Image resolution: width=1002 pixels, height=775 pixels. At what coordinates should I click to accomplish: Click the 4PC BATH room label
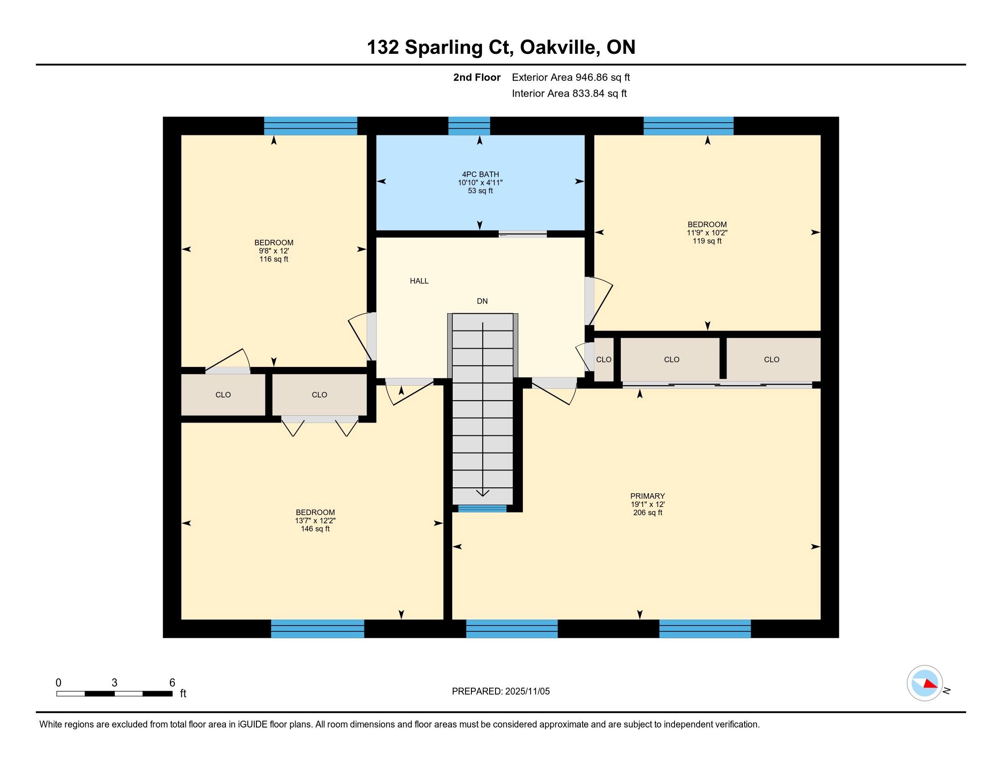(x=480, y=175)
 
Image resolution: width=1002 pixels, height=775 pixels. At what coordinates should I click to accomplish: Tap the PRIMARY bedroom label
(x=647, y=496)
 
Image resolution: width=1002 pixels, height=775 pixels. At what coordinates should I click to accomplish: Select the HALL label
(x=419, y=281)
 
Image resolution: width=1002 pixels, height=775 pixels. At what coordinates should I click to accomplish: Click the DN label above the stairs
(x=482, y=301)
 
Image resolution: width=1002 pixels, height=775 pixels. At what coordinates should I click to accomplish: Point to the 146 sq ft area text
(x=315, y=529)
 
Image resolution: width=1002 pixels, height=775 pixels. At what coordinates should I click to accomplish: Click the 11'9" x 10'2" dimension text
(x=707, y=233)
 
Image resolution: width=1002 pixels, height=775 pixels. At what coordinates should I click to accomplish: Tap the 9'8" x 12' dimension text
(x=274, y=251)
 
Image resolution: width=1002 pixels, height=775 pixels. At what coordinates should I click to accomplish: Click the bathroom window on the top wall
(x=469, y=126)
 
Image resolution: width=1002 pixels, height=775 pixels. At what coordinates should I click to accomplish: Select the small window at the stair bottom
(x=482, y=508)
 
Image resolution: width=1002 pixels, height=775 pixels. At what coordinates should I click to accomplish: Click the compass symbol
(x=925, y=683)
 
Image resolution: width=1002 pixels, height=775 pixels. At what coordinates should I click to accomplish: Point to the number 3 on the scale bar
(x=114, y=683)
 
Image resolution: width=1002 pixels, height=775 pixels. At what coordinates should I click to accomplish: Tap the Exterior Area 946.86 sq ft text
(x=571, y=77)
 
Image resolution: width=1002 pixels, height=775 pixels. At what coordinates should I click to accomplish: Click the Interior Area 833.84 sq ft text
(x=569, y=93)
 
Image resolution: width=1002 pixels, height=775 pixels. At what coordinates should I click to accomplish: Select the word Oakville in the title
(x=559, y=47)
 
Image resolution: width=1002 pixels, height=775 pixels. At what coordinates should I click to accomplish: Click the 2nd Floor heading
(x=477, y=77)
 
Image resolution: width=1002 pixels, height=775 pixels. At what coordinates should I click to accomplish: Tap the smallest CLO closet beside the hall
(x=604, y=360)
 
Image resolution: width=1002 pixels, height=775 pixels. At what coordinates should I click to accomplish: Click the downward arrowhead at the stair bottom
(x=483, y=493)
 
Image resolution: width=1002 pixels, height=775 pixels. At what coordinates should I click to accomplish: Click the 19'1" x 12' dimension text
(x=647, y=504)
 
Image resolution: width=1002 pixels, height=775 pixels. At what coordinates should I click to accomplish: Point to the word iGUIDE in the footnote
(x=252, y=724)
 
